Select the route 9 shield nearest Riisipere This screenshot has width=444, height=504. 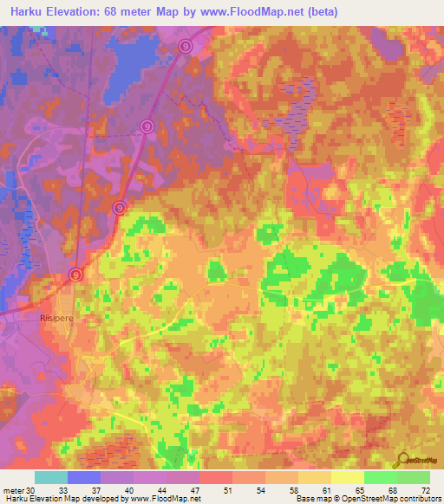pyautogui.click(x=76, y=275)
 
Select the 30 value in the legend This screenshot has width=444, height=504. pyautogui.click(x=31, y=489)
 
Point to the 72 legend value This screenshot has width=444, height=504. pyautogui.click(x=425, y=489)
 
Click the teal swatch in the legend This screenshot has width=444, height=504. pyautogui.click(x=51, y=477)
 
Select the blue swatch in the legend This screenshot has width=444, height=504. pyautogui.click(x=84, y=477)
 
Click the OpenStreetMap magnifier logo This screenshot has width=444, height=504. pyautogui.click(x=403, y=460)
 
